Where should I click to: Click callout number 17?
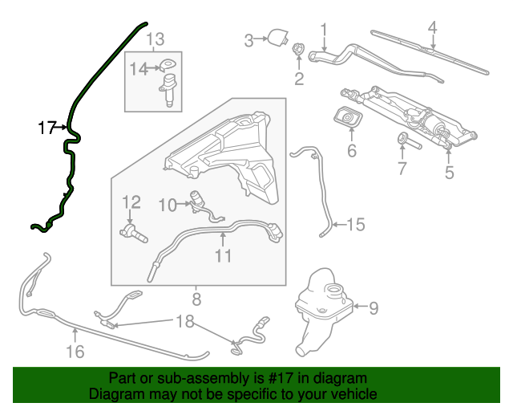pyautogui.click(x=46, y=127)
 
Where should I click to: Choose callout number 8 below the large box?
pyautogui.click(x=196, y=301)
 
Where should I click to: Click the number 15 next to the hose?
pyautogui.click(x=355, y=226)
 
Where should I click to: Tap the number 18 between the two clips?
pyautogui.click(x=184, y=323)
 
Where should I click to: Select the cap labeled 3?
pyautogui.click(x=278, y=38)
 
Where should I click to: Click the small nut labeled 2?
pyautogui.click(x=299, y=51)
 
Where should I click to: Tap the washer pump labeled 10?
pyautogui.click(x=196, y=200)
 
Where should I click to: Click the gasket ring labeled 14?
pyautogui.click(x=168, y=67)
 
